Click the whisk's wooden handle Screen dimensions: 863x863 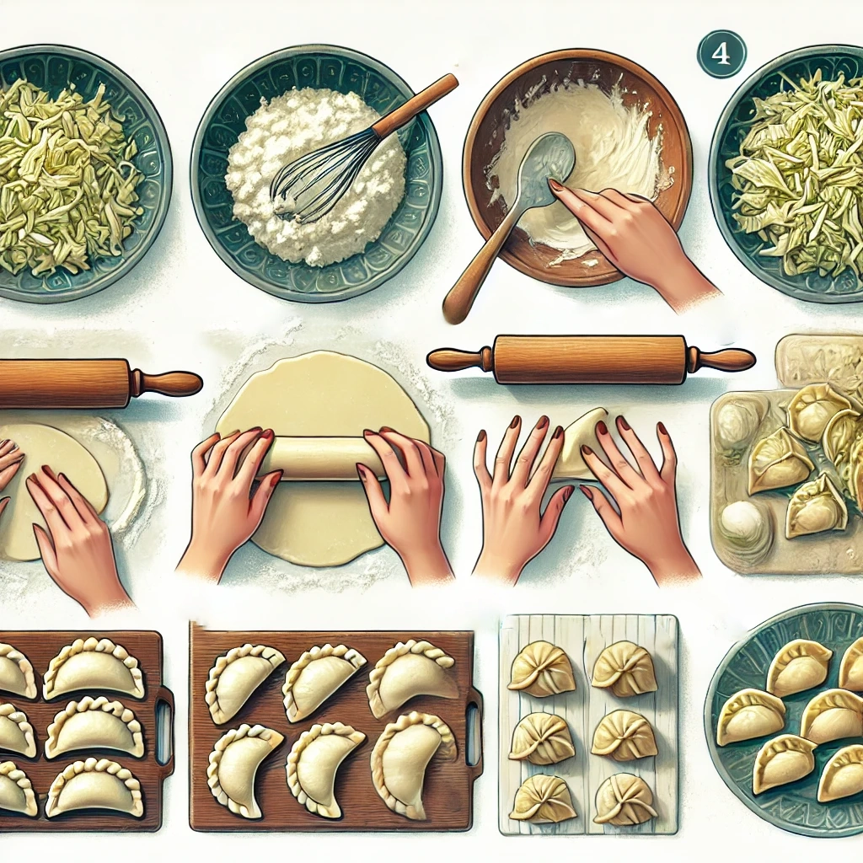click(x=415, y=105)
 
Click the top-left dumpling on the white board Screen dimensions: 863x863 click(x=543, y=668)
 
